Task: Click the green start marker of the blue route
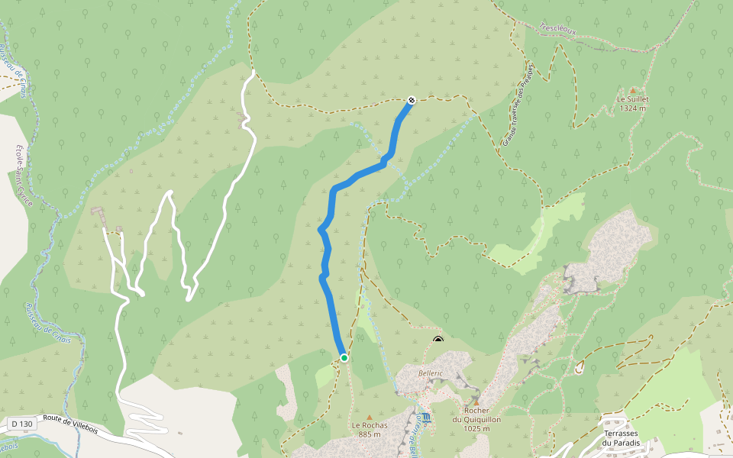[x=344, y=357]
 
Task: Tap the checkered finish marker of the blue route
[x=412, y=100]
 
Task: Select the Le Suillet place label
[x=632, y=99]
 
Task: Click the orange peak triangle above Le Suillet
[x=632, y=89]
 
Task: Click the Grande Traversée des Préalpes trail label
[x=517, y=104]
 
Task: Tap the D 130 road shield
[x=23, y=423]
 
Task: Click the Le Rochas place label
[x=370, y=425]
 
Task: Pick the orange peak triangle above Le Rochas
[x=370, y=416]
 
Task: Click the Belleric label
[x=431, y=373]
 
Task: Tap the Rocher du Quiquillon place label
[x=476, y=414]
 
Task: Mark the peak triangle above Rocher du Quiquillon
[x=476, y=402]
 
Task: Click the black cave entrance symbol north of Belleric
[x=438, y=340]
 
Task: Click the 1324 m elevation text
[x=632, y=108]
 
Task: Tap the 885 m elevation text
[x=370, y=434]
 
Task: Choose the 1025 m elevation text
[x=476, y=428]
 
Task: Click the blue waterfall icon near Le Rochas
[x=426, y=418]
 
